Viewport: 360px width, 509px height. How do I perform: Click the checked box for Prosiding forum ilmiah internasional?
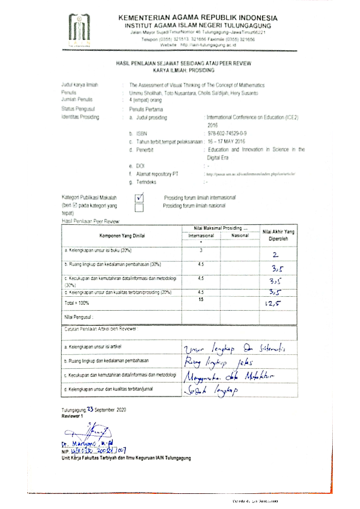pyautogui.click(x=140, y=197)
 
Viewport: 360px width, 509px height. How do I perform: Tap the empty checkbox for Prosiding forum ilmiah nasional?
pyautogui.click(x=140, y=207)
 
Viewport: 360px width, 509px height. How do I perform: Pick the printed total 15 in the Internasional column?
pyautogui.click(x=200, y=299)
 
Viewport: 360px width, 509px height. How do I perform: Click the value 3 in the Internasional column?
pyautogui.click(x=200, y=249)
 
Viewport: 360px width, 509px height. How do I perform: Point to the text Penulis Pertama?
pyautogui.click(x=144, y=108)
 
